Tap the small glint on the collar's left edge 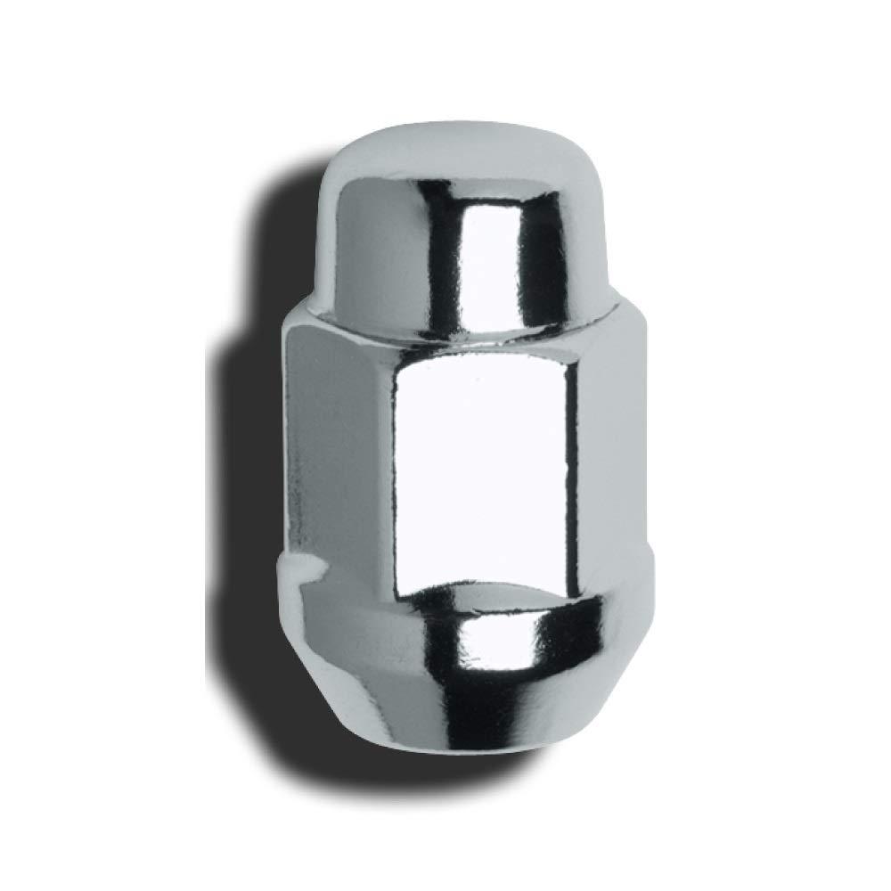click(x=303, y=566)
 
